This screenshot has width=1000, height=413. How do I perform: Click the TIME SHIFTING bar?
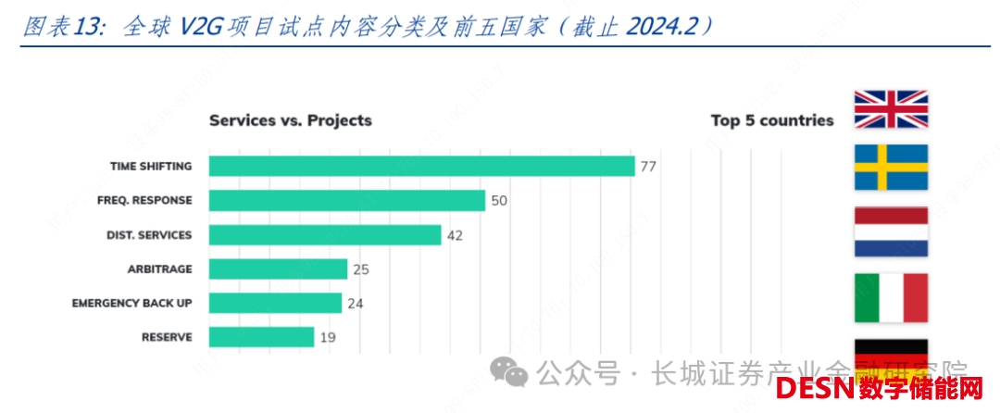[x=421, y=166]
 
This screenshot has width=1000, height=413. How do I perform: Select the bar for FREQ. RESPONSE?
[x=347, y=200]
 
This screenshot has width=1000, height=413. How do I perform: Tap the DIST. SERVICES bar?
[x=325, y=234]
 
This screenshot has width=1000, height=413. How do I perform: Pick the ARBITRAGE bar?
[x=278, y=269]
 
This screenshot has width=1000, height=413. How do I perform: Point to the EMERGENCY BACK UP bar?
[x=275, y=303]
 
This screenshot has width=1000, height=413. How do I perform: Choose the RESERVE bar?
[x=261, y=337]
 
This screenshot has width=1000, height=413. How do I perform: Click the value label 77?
[x=648, y=167]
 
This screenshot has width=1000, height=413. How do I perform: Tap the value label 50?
[x=499, y=201]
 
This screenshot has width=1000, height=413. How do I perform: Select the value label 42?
[x=455, y=235]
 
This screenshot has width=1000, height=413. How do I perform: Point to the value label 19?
[x=328, y=338]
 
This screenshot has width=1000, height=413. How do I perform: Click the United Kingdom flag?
[x=890, y=109]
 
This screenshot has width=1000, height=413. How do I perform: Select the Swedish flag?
[x=890, y=168]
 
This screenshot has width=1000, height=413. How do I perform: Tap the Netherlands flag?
[x=890, y=232]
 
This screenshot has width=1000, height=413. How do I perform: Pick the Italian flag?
[x=890, y=297]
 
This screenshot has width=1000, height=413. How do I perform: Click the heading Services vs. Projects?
[x=290, y=120]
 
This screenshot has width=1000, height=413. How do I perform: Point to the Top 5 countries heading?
[x=772, y=120]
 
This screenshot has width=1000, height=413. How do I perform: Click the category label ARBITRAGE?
[x=159, y=269]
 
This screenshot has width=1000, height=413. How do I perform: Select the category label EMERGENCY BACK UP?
[x=132, y=303]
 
